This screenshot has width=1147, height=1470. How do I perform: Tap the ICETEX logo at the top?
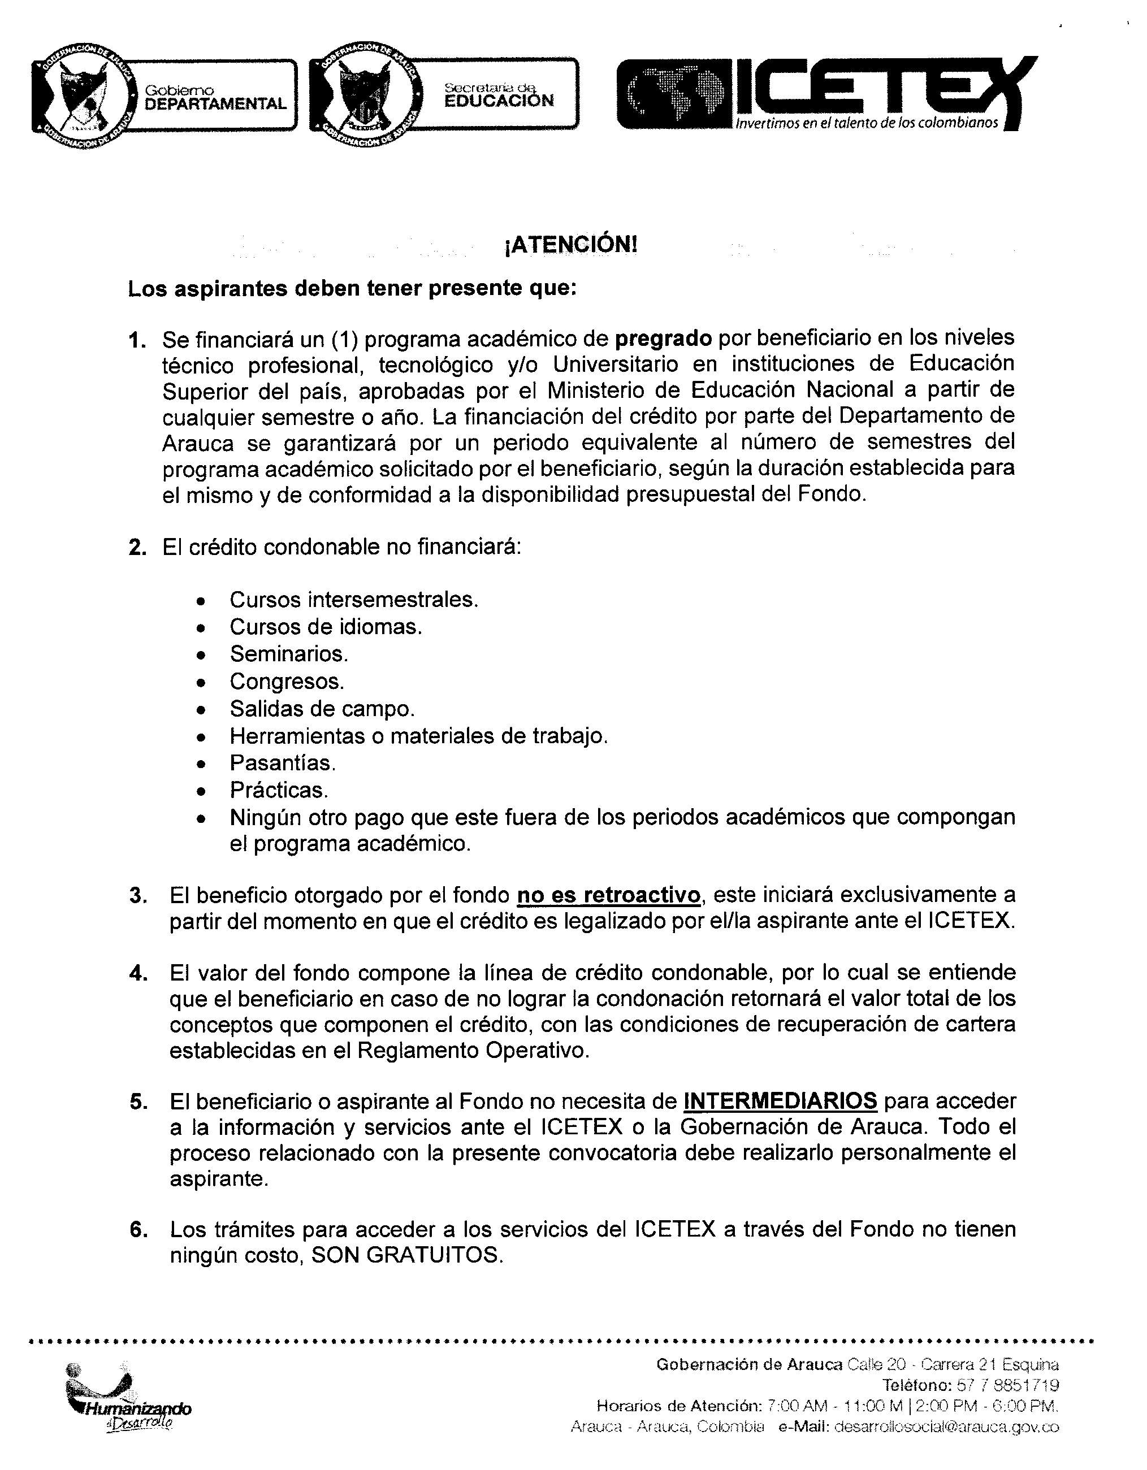[x=826, y=94]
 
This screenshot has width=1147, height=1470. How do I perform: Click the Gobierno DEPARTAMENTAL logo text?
[x=215, y=98]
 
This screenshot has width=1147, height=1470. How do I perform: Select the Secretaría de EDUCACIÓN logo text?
[x=499, y=95]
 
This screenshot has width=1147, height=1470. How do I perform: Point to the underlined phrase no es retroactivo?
[x=608, y=895]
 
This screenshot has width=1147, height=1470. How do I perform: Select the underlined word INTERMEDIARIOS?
[x=780, y=1101]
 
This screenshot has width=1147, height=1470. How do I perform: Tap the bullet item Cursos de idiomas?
[x=326, y=627]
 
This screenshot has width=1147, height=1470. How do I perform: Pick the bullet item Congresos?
[x=287, y=682]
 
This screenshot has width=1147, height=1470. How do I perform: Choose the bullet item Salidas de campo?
[x=322, y=709]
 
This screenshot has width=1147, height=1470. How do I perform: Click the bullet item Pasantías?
[x=283, y=764]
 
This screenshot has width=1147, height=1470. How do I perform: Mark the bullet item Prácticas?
[x=279, y=790]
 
